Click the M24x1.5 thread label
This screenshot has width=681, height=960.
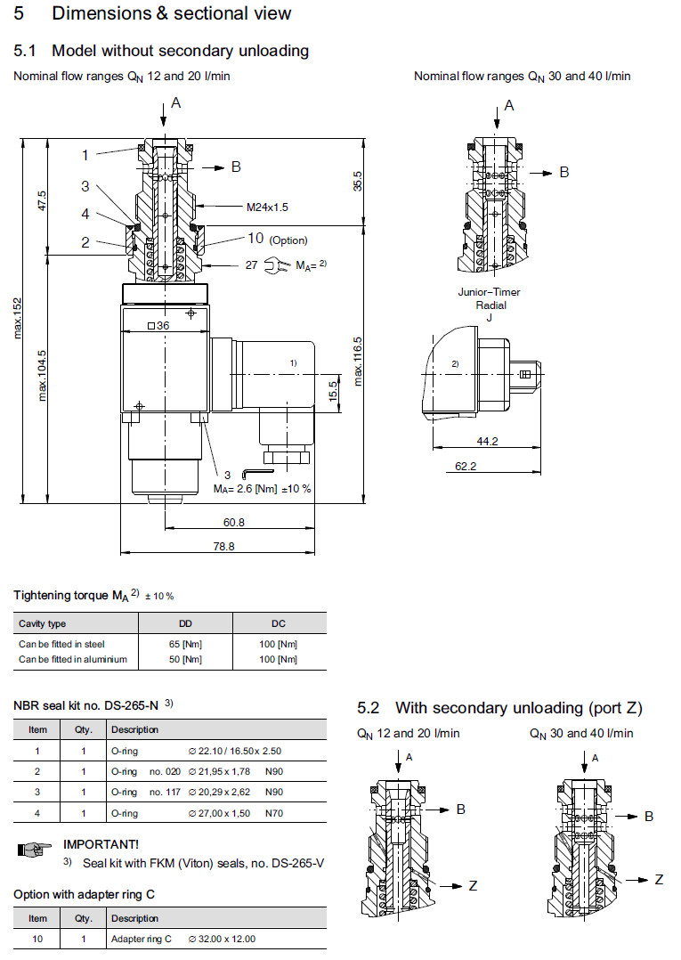[267, 207]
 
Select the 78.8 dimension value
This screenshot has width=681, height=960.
[224, 547]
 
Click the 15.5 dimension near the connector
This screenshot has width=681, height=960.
[332, 390]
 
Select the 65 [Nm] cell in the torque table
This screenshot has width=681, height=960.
[186, 643]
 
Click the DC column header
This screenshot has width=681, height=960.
[279, 623]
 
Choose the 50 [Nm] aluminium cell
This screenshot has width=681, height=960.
[186, 659]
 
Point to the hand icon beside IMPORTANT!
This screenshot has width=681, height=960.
[31, 850]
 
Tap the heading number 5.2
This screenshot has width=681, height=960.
[369, 708]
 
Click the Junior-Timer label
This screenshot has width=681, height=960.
[489, 292]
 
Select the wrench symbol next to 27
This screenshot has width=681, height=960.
[278, 264]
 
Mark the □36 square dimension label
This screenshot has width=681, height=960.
[158, 326]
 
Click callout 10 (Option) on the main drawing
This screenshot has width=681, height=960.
[277, 239]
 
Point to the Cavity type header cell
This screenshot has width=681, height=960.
[43, 623]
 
